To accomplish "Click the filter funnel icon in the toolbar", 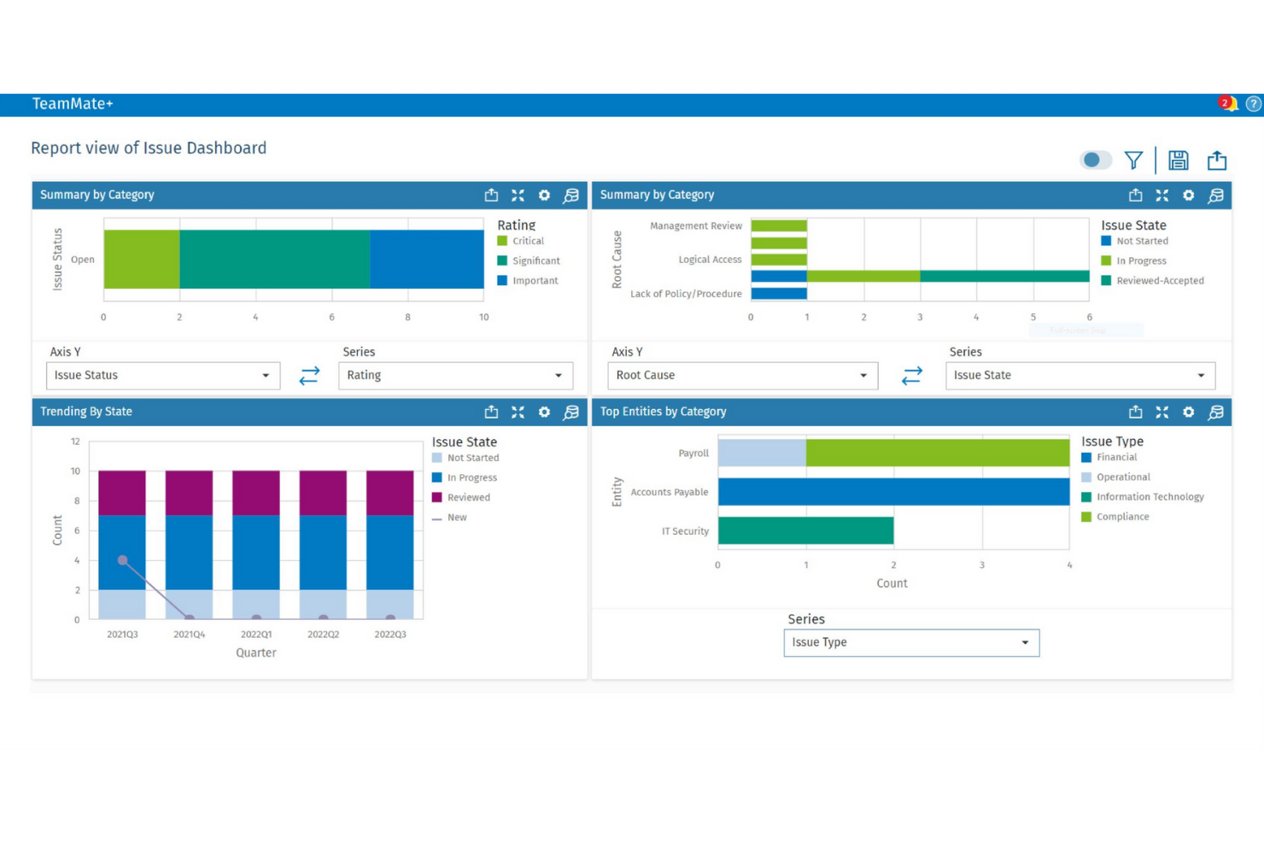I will click(1133, 161).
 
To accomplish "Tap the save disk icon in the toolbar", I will click(1179, 161).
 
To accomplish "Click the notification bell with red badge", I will click(1227, 104).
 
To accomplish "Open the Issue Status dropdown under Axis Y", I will click(162, 376).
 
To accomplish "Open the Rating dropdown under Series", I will click(455, 376).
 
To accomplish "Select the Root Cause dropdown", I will click(742, 376).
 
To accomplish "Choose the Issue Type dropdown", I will click(911, 643).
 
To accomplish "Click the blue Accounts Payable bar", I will click(893, 492).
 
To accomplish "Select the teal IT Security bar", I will click(805, 530).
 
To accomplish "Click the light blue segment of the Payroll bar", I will click(762, 453).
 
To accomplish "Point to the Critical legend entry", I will click(528, 242).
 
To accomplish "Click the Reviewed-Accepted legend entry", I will click(1159, 281).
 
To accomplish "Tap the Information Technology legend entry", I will click(1150, 497).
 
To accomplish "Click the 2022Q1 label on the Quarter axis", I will click(256, 635).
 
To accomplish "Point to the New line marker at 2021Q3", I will click(123, 560).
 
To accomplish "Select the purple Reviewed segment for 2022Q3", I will click(390, 493).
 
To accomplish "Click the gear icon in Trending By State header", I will click(544, 412).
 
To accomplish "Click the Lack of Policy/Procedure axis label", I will click(686, 294).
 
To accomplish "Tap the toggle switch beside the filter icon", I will click(1096, 161).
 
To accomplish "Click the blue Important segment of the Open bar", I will click(427, 260).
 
